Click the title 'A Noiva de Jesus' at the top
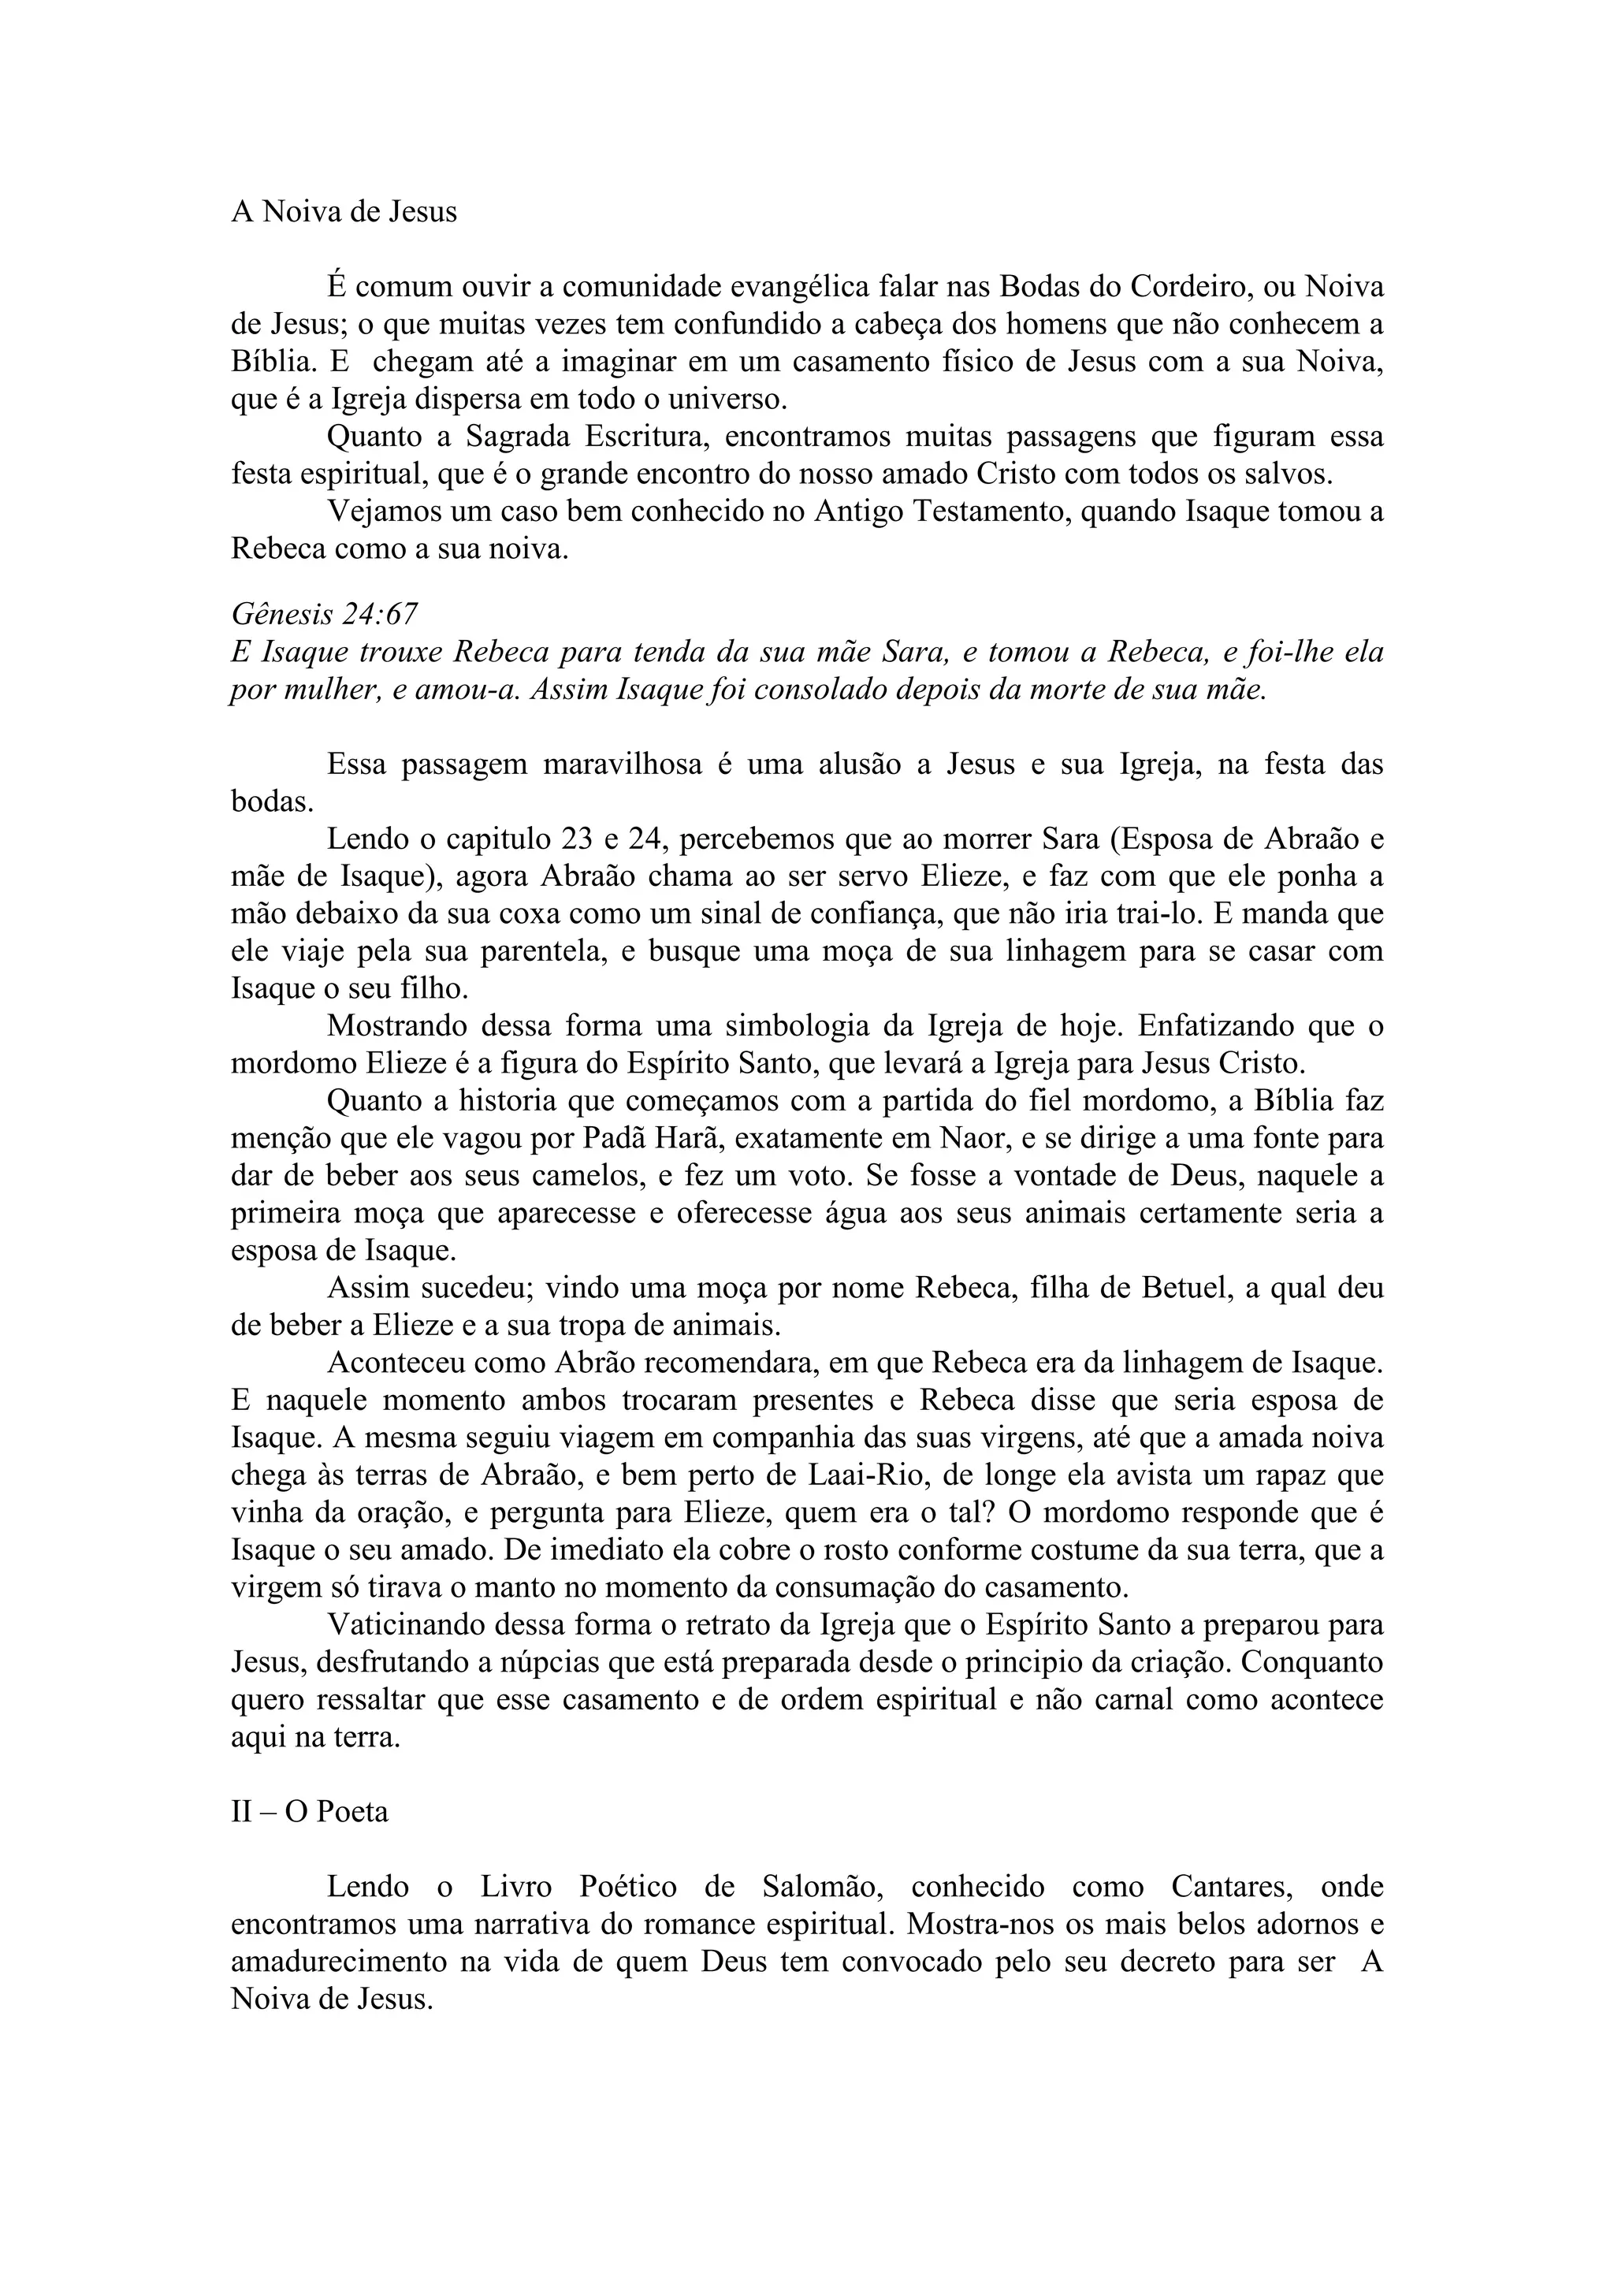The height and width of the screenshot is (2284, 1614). (x=344, y=212)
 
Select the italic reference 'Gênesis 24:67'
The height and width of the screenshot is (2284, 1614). (x=323, y=615)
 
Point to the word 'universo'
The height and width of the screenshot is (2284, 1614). (x=725, y=399)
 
